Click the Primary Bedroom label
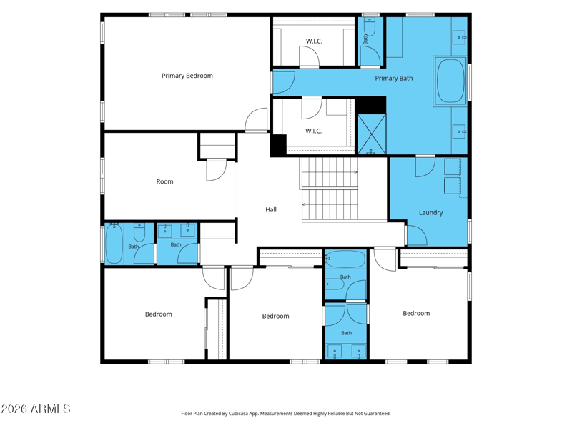pyautogui.click(x=187, y=76)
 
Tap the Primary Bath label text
pyautogui.click(x=394, y=79)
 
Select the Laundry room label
pyautogui.click(x=431, y=212)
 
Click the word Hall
pyautogui.click(x=271, y=209)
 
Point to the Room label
pyautogui.click(x=165, y=181)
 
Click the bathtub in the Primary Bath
pyautogui.click(x=451, y=81)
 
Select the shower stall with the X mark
pyautogui.click(x=372, y=134)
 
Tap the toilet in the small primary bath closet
pyautogui.click(x=370, y=27)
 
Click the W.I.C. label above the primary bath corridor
pyautogui.click(x=314, y=41)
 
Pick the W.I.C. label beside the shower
pyautogui.click(x=314, y=131)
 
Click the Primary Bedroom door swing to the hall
pyautogui.click(x=257, y=120)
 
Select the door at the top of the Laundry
pyautogui.click(x=425, y=166)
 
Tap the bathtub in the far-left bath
pyautogui.click(x=114, y=243)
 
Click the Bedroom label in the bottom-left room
pyautogui.click(x=158, y=314)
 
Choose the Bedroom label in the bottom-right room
pyautogui.click(x=416, y=313)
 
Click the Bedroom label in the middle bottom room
pyautogui.click(x=276, y=316)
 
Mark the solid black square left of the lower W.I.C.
pyautogui.click(x=278, y=145)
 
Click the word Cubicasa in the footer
pyautogui.click(x=239, y=414)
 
